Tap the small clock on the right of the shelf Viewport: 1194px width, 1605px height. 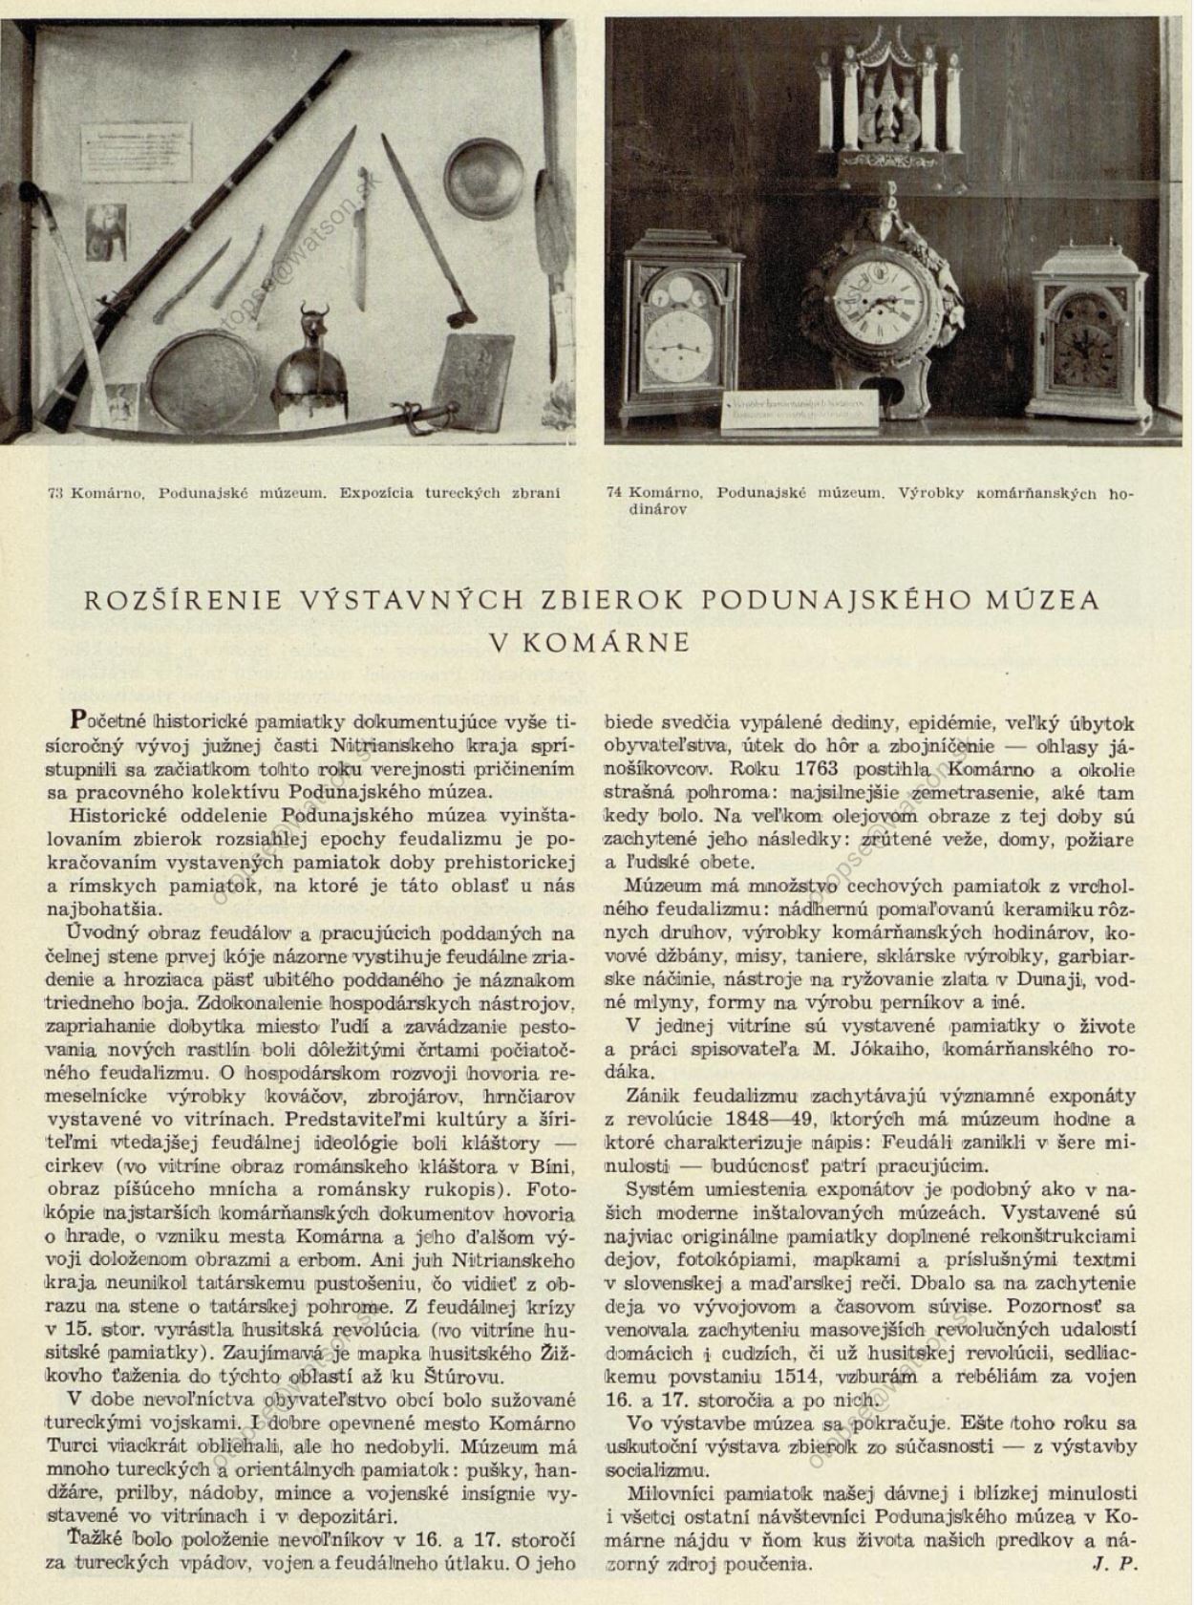pyautogui.click(x=1090, y=342)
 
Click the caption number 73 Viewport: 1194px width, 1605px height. pyautogui.click(x=55, y=493)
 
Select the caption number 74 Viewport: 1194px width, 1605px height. pyautogui.click(x=614, y=493)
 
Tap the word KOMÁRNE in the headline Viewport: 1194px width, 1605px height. pyautogui.click(x=617, y=642)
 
